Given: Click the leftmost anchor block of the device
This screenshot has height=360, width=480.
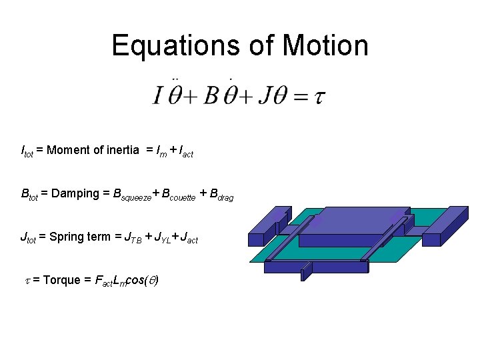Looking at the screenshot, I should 267,227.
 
